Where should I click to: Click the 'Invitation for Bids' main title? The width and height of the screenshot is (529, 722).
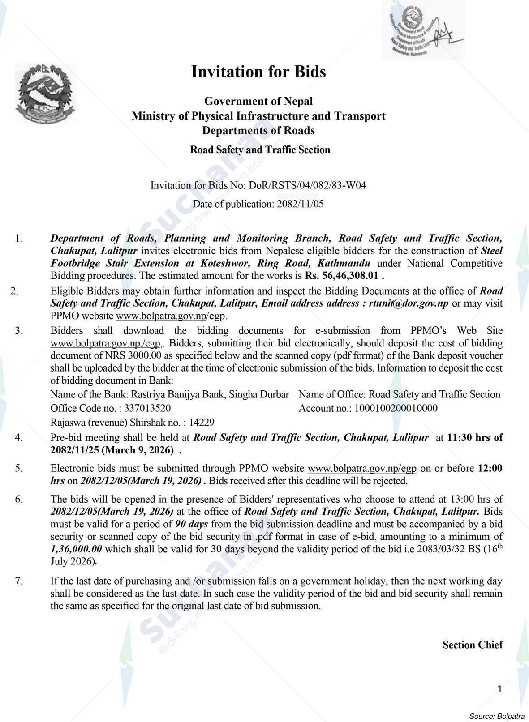tap(258, 72)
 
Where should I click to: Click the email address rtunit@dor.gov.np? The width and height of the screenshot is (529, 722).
tap(409, 303)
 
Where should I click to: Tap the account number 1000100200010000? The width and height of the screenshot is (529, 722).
tap(396, 408)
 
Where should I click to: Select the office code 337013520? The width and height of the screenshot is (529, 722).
tap(147, 408)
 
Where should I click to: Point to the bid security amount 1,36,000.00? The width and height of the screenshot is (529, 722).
tap(77, 549)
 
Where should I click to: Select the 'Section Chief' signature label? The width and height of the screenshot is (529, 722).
tap(472, 645)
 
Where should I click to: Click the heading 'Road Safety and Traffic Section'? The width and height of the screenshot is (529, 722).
tap(260, 150)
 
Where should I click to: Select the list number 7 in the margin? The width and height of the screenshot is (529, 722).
tap(18, 581)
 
